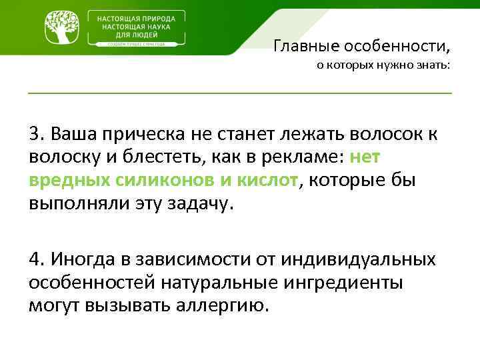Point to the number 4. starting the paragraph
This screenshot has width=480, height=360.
(36, 258)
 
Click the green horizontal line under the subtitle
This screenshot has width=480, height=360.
(240, 92)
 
